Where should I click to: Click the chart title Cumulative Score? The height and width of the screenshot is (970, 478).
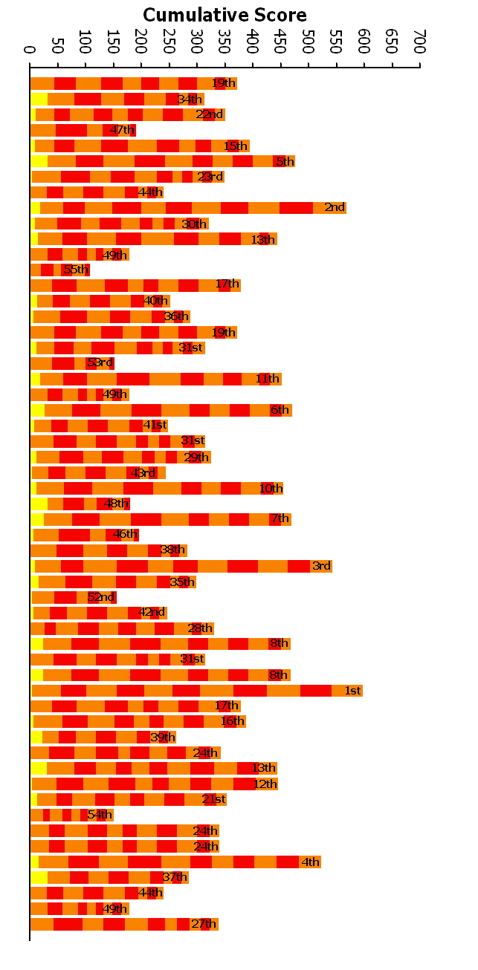click(225, 15)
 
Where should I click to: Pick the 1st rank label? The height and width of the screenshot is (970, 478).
click(352, 691)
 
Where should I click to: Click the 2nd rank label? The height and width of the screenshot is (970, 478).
click(335, 207)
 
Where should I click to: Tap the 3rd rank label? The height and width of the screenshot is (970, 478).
click(321, 566)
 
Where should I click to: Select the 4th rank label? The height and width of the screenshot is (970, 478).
click(310, 862)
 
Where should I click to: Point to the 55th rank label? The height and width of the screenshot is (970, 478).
click(76, 270)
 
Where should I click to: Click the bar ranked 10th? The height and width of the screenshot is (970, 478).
click(156, 488)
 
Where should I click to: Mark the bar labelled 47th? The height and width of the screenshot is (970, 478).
click(83, 130)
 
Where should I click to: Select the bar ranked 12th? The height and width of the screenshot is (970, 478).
click(153, 784)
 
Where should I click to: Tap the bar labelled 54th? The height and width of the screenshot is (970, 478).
click(71, 815)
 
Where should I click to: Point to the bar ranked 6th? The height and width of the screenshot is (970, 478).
click(161, 410)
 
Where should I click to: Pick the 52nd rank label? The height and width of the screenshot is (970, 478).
click(100, 597)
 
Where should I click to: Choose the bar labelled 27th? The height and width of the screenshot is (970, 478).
click(123, 924)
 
